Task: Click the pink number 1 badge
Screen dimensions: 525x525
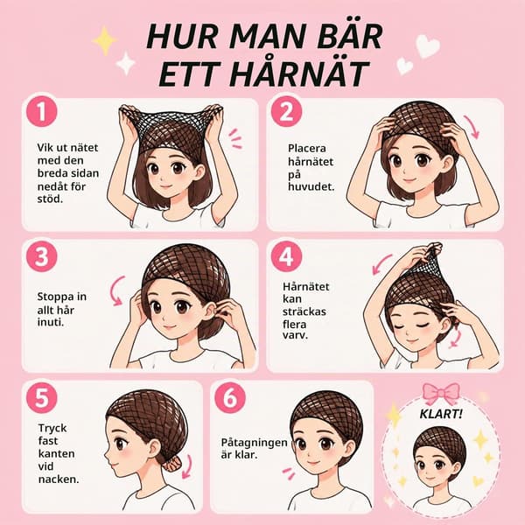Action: [41, 111]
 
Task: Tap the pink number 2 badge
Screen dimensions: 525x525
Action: [286, 111]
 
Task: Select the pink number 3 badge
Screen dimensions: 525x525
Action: [41, 257]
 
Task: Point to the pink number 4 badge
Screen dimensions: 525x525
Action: [286, 257]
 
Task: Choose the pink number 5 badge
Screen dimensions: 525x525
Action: [41, 398]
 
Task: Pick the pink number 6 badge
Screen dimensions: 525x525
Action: [230, 398]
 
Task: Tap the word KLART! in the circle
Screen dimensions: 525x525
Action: [441, 414]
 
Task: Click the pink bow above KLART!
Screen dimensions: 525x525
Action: [441, 394]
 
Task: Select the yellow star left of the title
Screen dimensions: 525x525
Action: [105, 41]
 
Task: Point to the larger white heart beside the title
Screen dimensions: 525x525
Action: [427, 45]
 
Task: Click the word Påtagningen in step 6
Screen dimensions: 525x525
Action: [254, 442]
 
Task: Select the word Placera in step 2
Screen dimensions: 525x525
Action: [307, 148]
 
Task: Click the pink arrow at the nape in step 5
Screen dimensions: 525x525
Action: [187, 466]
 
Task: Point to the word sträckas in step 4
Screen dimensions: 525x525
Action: [304, 311]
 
